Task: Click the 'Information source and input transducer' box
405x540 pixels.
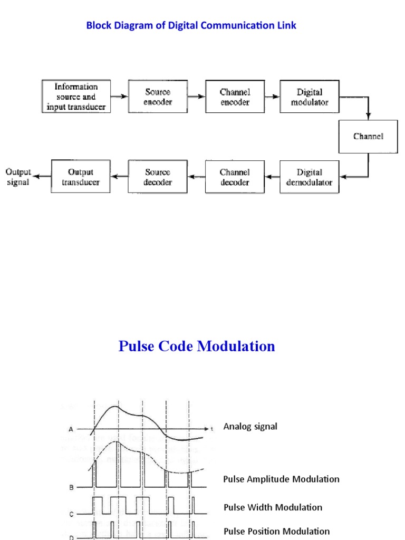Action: click(x=76, y=97)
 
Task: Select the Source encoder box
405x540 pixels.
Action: click(x=158, y=97)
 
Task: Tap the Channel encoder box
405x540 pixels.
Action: click(x=235, y=97)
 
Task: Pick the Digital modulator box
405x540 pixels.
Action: click(x=310, y=97)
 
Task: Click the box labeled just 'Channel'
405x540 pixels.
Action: click(x=368, y=136)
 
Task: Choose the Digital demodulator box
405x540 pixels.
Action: click(x=310, y=177)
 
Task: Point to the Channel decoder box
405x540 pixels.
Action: click(x=235, y=177)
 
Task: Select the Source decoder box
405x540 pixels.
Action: click(x=158, y=177)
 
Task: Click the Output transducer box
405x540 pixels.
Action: click(x=81, y=177)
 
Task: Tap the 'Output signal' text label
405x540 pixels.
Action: click(x=18, y=177)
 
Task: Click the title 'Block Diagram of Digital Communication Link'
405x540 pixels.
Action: click(x=191, y=25)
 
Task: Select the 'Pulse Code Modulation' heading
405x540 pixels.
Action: click(x=197, y=346)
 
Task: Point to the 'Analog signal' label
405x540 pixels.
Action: click(x=250, y=426)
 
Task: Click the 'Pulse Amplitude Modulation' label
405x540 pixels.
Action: click(x=281, y=479)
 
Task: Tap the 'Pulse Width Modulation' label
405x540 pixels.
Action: click(x=273, y=507)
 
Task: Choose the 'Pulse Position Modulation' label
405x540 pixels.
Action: click(x=276, y=531)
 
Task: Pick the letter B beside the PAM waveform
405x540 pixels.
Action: click(x=72, y=488)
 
